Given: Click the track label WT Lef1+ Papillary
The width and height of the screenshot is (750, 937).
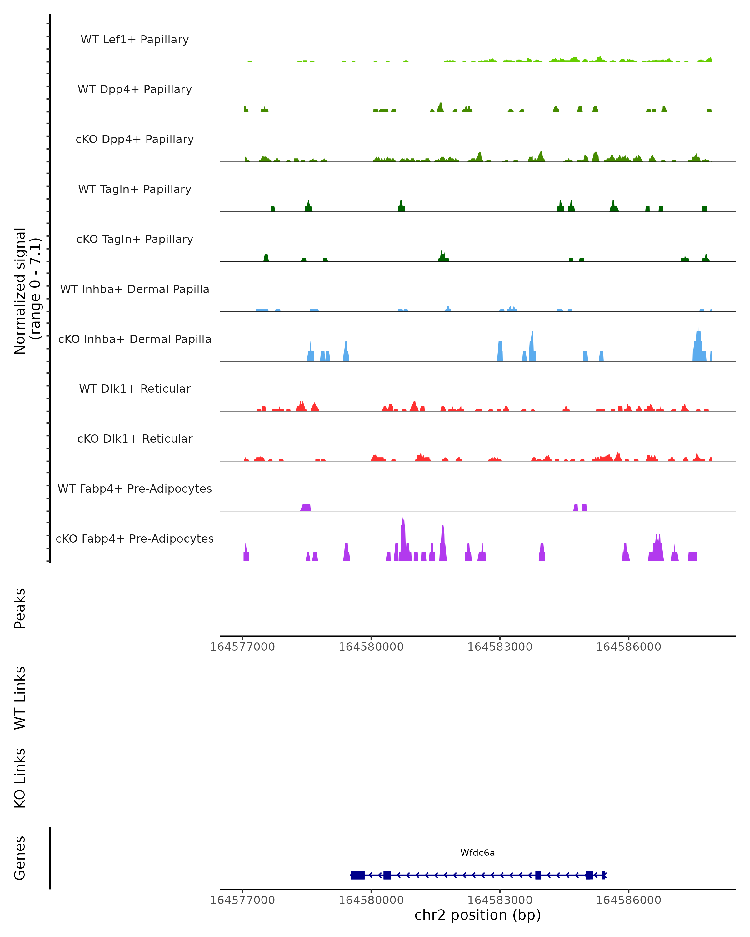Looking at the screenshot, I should click(x=135, y=40).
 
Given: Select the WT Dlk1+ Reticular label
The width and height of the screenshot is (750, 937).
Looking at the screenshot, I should click(x=135, y=389).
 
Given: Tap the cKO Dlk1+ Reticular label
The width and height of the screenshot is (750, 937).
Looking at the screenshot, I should click(x=135, y=439).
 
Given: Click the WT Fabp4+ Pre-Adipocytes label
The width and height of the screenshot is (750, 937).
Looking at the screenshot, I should click(x=135, y=488).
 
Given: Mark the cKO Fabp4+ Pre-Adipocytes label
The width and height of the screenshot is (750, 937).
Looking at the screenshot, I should click(x=135, y=538).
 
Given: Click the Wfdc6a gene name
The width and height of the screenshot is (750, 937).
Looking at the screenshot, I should click(x=477, y=853).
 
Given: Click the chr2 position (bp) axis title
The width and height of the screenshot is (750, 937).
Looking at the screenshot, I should click(x=477, y=915).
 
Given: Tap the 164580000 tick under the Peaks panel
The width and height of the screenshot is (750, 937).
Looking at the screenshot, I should click(x=371, y=647).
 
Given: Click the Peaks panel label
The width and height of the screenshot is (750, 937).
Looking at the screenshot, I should click(x=20, y=608).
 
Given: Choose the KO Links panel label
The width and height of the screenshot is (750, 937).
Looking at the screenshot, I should click(x=20, y=778).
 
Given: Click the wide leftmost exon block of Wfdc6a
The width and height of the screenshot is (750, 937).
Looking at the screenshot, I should click(x=357, y=875).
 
